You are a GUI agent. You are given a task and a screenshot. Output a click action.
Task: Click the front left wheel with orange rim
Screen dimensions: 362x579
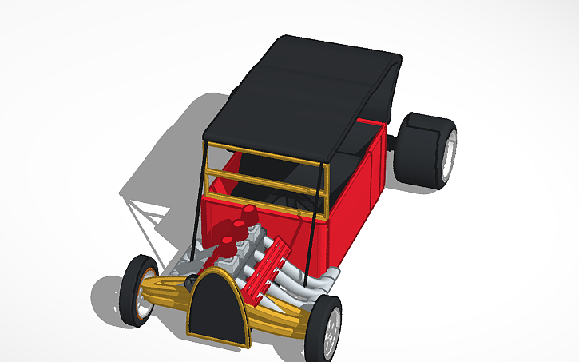(138, 289)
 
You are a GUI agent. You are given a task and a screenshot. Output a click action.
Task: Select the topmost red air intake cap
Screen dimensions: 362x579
(250, 216)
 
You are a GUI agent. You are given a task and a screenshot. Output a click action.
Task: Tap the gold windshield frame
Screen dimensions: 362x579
(264, 172)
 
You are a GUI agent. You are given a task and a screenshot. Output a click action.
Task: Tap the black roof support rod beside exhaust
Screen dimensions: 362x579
(307, 240)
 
